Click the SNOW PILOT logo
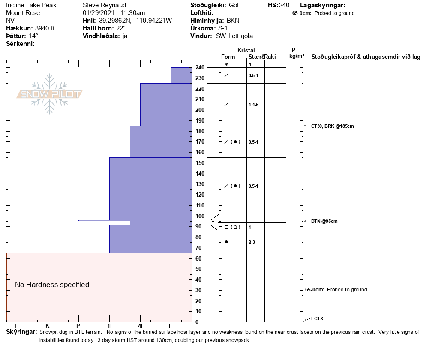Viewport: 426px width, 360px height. click(50, 94)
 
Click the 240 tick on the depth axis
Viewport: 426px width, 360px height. click(200, 68)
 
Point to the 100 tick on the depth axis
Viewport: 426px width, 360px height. click(200, 216)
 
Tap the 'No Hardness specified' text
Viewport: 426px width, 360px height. click(52, 285)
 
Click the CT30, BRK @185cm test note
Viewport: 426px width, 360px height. click(333, 126)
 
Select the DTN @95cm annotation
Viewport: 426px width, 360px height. click(324, 221)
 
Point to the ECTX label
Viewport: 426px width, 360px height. click(317, 318)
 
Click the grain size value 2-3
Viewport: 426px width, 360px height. click(252, 242)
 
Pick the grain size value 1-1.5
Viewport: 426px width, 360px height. click(254, 105)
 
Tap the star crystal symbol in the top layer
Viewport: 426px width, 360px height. click(226, 64)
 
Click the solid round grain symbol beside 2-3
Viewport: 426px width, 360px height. click(226, 242)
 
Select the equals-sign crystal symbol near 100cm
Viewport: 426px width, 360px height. click(226, 219)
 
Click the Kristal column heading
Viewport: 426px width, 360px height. click(246, 50)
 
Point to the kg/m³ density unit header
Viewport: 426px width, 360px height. click(297, 56)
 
